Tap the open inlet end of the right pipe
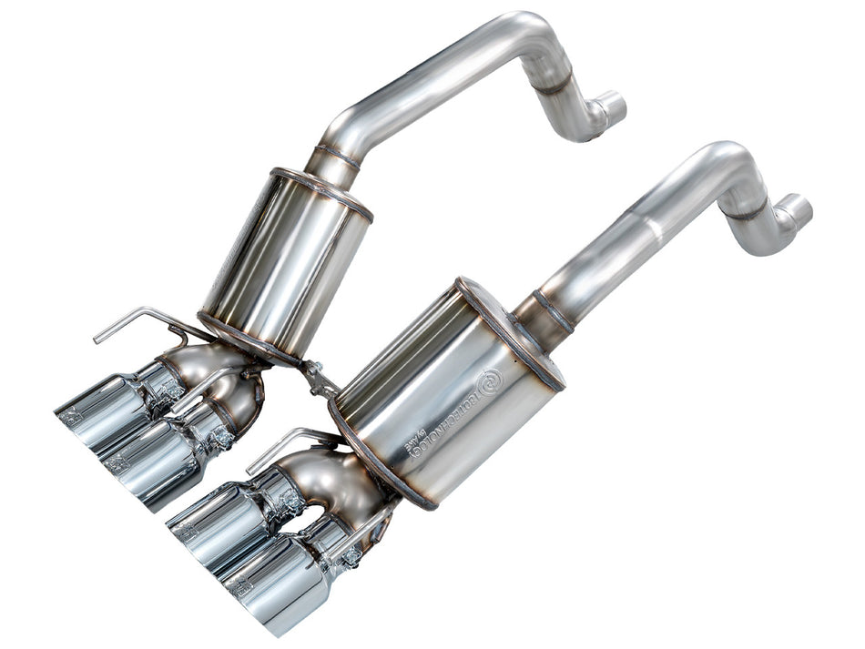[798, 210]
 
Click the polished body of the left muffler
[282, 264]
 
